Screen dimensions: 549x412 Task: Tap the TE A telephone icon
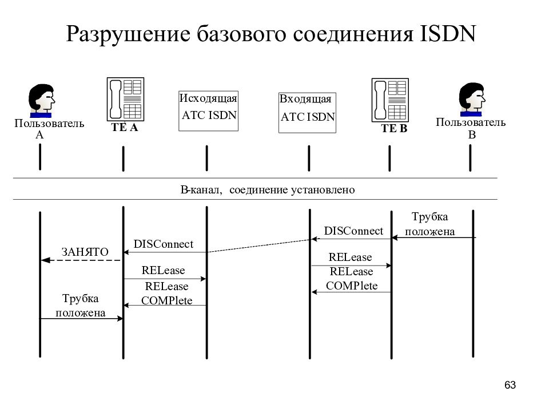(125, 100)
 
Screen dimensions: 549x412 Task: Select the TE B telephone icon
(390, 100)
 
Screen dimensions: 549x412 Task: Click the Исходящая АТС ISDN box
(208, 111)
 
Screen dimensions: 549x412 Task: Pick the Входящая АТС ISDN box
(308, 113)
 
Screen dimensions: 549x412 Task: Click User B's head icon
(472, 100)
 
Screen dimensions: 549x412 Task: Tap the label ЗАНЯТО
(85, 252)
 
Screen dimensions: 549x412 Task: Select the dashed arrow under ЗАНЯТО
(81, 260)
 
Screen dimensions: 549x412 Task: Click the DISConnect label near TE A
(164, 244)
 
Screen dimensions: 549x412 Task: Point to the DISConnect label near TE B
(353, 231)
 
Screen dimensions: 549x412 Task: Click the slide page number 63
(510, 385)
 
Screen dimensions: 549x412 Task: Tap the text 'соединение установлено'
(292, 190)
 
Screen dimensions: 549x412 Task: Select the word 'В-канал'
(201, 190)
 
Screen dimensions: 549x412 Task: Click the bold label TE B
(394, 129)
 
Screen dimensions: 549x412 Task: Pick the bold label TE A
(125, 128)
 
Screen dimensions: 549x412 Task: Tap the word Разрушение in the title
(128, 34)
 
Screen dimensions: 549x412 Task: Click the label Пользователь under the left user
(49, 124)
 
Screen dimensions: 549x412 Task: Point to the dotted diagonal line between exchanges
(259, 245)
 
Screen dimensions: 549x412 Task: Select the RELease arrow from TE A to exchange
(165, 279)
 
